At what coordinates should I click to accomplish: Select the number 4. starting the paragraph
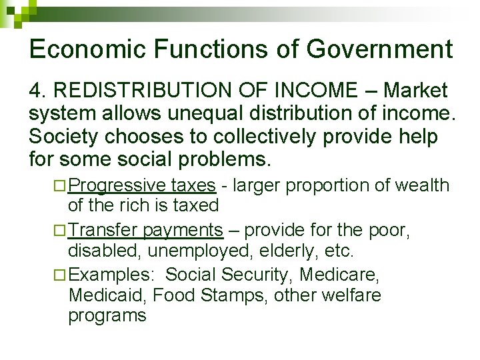coord(37,90)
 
